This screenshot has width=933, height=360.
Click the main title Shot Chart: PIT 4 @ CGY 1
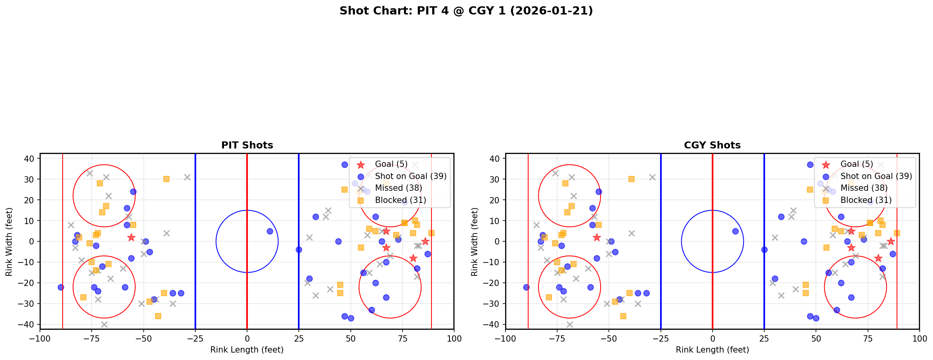click(466, 11)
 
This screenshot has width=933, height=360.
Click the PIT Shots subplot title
click(247, 145)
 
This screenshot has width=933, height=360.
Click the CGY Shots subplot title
click(712, 145)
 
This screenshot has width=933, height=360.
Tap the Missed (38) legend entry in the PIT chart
click(398, 188)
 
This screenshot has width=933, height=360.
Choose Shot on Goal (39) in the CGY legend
click(876, 176)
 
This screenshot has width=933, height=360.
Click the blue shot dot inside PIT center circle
click(270, 231)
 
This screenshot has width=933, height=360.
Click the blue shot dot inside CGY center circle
click(735, 231)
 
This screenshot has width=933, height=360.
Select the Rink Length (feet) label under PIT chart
click(247, 350)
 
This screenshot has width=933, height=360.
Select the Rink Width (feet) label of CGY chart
click(475, 242)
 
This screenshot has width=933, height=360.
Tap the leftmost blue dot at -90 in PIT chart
click(61, 287)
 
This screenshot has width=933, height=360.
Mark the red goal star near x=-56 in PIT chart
click(131, 237)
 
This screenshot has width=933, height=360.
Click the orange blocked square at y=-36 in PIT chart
click(158, 316)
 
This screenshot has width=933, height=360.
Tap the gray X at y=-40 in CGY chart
click(570, 324)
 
